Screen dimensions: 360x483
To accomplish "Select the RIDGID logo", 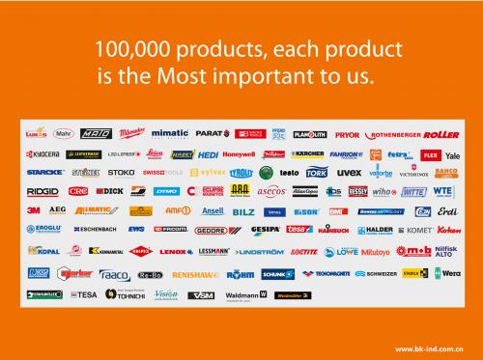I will [x=40, y=191].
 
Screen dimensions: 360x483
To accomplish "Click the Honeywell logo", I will [x=238, y=154].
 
